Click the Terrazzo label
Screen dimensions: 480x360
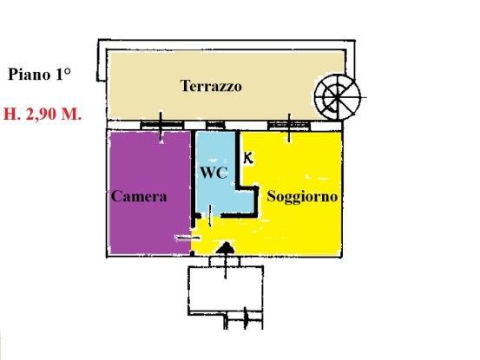coord(211,86)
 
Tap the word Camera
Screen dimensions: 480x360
coord(139,196)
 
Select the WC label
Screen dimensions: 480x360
coord(214,173)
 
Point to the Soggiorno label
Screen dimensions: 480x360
coord(302,197)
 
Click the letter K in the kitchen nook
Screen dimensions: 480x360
coord(248,158)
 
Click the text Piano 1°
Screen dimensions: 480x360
coord(39,75)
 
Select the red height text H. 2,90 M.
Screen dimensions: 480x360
coord(43,115)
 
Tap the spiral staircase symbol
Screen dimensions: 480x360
coord(338,97)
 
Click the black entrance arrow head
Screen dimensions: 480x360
coord(226,248)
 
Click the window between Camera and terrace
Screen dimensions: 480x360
coord(162,126)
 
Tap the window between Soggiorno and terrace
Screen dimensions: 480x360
coord(289,126)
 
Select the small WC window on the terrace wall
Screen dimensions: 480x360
coord(215,126)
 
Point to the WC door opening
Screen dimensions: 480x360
coord(210,216)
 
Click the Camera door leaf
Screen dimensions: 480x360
coord(187,238)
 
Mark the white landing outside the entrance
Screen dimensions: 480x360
coord(226,289)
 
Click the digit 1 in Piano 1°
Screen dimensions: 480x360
coord(59,75)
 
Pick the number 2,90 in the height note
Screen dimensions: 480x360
coord(42,115)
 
